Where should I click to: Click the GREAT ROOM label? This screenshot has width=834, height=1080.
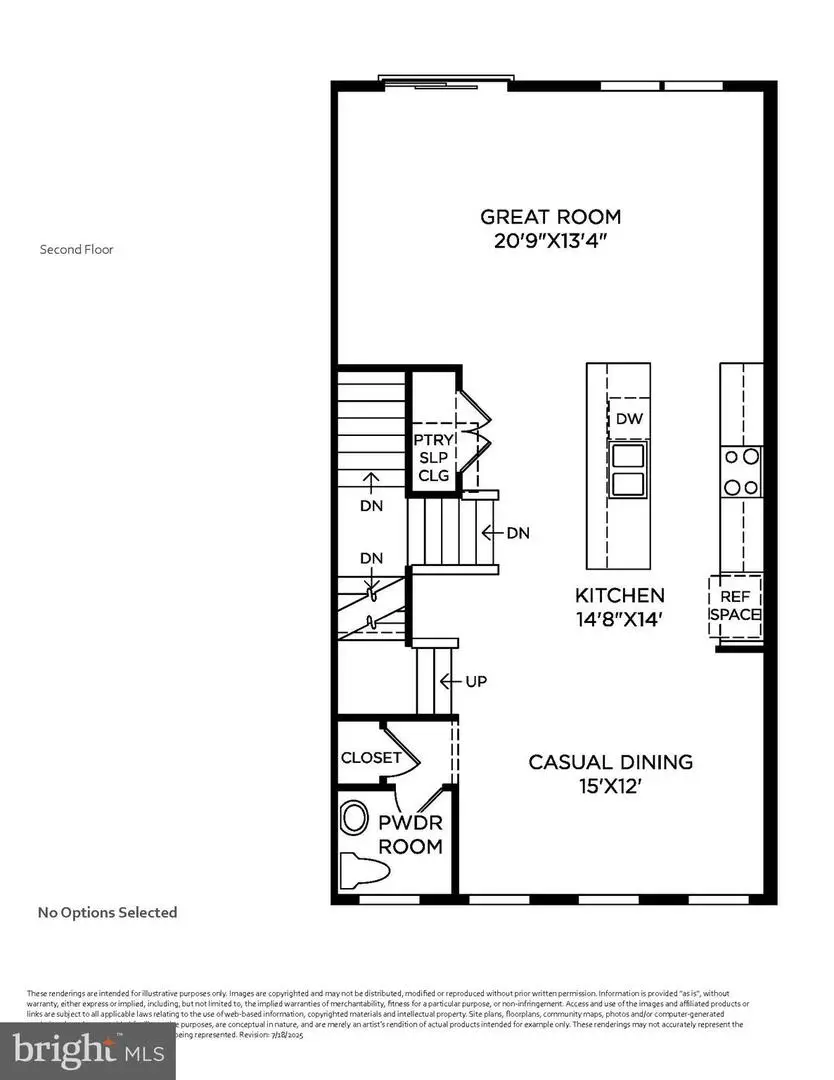pyautogui.click(x=550, y=216)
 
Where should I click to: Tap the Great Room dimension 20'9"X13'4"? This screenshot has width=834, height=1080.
pyautogui.click(x=550, y=242)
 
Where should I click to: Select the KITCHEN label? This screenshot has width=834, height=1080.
pyautogui.click(x=619, y=594)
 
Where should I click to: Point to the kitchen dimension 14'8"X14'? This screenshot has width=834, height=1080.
pyautogui.click(x=619, y=619)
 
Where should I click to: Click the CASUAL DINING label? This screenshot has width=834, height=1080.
pyautogui.click(x=610, y=762)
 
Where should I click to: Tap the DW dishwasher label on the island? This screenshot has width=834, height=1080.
pyautogui.click(x=628, y=419)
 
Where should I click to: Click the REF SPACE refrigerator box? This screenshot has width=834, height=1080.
pyautogui.click(x=736, y=604)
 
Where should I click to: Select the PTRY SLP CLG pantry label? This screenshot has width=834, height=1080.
pyautogui.click(x=434, y=457)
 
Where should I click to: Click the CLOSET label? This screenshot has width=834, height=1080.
pyautogui.click(x=371, y=758)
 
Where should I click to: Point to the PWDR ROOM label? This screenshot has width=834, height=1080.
pyautogui.click(x=410, y=836)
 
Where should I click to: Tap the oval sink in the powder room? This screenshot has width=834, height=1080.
pyautogui.click(x=354, y=817)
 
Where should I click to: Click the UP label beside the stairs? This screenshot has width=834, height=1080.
pyautogui.click(x=475, y=681)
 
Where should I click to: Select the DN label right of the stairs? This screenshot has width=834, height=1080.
pyautogui.click(x=516, y=533)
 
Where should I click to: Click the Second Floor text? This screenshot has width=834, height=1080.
pyautogui.click(x=76, y=249)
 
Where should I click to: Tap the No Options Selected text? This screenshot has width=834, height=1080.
pyautogui.click(x=107, y=912)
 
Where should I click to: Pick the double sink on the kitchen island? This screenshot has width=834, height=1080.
pyautogui.click(x=628, y=471)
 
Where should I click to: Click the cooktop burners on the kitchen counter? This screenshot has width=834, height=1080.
pyautogui.click(x=741, y=472)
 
